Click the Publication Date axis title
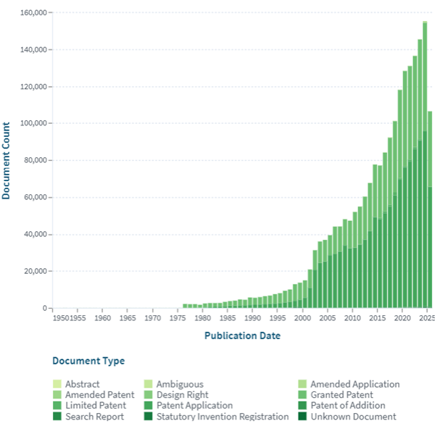click(x=242, y=336)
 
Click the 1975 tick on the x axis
click(x=178, y=317)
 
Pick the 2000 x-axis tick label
click(x=302, y=317)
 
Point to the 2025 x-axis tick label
click(x=427, y=317)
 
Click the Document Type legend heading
click(x=88, y=361)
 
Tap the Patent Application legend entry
click(x=194, y=406)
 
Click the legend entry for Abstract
click(x=83, y=384)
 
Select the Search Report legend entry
click(x=94, y=417)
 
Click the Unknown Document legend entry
click(x=353, y=417)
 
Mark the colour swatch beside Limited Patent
click(x=57, y=406)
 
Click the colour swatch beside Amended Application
click(x=303, y=384)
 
